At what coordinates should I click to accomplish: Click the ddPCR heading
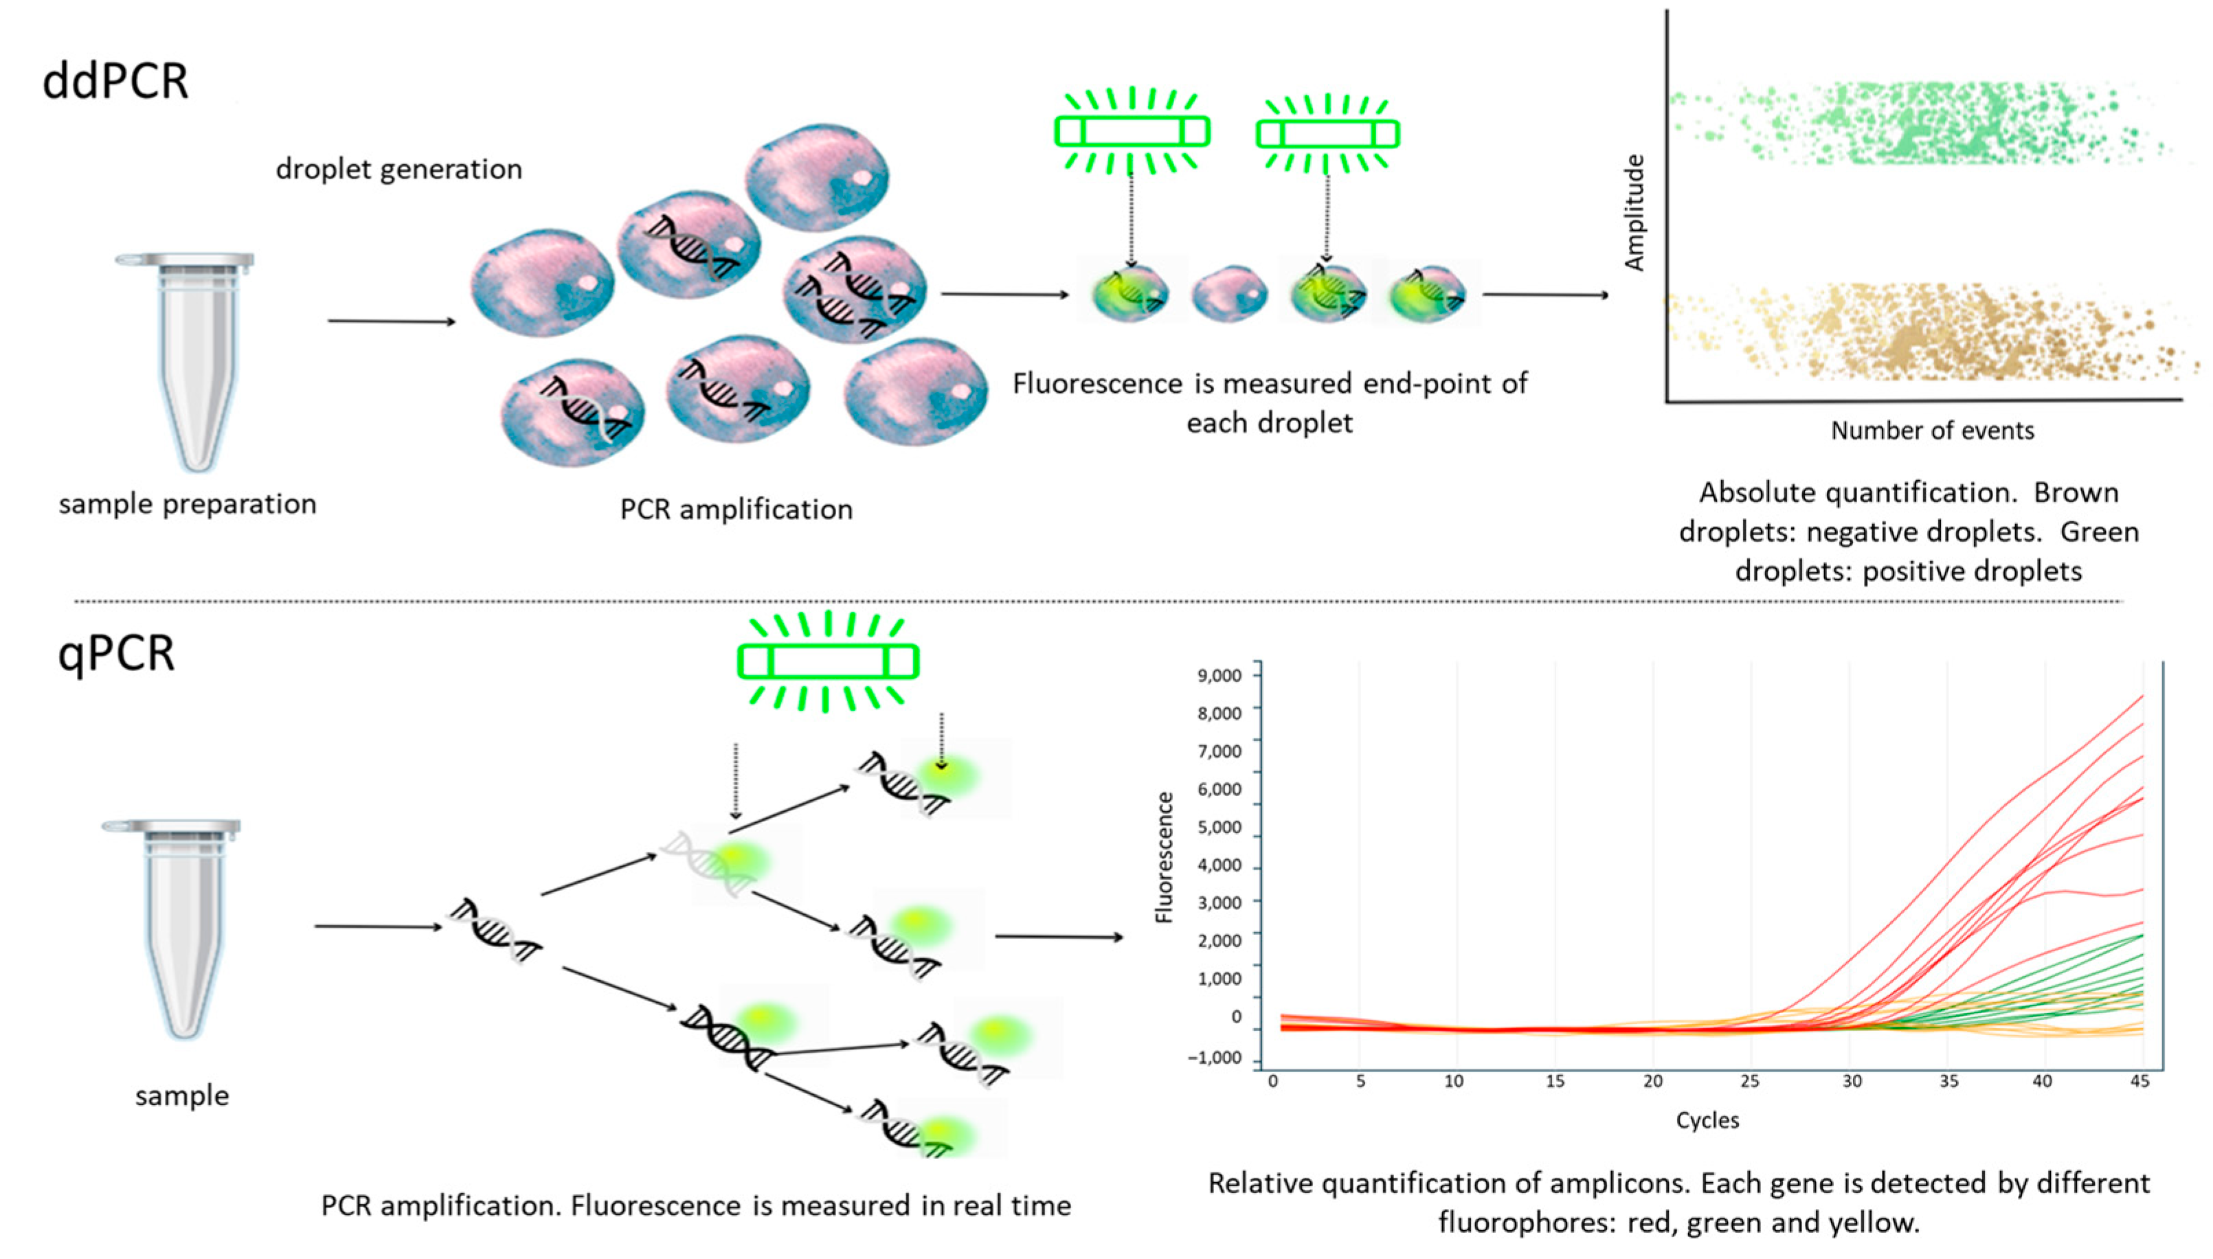tap(115, 82)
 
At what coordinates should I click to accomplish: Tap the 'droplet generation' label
tap(398, 170)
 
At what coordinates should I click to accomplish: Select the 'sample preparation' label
tap(188, 504)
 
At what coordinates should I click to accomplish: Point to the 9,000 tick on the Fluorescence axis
tap(1220, 675)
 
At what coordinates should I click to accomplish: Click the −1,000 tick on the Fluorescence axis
tap(1214, 1058)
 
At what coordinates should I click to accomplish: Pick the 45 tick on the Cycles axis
tap(2139, 1082)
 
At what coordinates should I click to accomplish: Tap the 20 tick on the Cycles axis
tap(1652, 1082)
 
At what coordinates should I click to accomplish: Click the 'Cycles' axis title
tap(1707, 1121)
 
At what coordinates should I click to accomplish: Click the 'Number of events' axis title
tap(1932, 431)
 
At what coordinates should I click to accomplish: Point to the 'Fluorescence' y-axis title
tap(1165, 858)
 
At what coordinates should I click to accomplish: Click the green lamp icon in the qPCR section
tap(828, 661)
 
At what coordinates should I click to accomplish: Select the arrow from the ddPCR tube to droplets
tap(391, 321)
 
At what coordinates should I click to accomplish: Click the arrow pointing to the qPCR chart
tap(1059, 936)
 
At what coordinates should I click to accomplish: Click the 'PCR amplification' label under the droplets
tap(736, 510)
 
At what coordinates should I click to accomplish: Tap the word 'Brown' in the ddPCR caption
tap(2076, 493)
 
